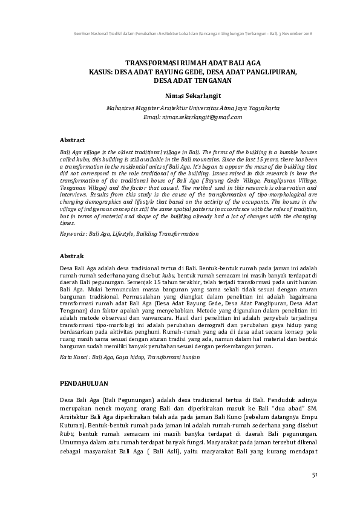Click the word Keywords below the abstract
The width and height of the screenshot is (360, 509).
(x=73, y=233)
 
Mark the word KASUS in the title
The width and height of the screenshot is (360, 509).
(x=100, y=71)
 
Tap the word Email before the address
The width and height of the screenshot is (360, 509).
(x=152, y=117)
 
